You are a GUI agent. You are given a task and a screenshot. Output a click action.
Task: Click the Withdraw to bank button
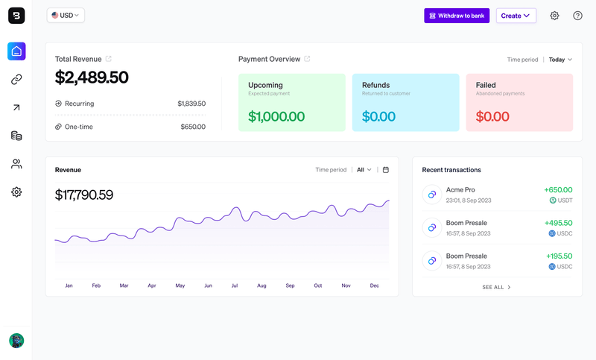click(x=457, y=16)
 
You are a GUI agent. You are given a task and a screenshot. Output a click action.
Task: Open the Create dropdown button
click(x=516, y=16)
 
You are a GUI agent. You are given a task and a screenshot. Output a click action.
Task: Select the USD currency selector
click(x=66, y=15)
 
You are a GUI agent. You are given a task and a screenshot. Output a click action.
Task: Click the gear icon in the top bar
click(x=554, y=16)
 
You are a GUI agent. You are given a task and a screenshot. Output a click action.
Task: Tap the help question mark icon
click(x=577, y=16)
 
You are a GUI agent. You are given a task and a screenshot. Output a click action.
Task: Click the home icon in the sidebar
click(x=16, y=51)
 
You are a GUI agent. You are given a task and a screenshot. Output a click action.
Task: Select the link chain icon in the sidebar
click(x=16, y=80)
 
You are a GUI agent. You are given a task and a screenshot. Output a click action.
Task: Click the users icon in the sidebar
click(x=16, y=164)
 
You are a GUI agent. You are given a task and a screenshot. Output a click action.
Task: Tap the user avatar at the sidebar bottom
click(x=16, y=341)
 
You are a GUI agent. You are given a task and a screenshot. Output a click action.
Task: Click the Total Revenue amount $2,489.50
click(x=92, y=78)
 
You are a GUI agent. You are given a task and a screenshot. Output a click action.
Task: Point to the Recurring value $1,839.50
click(x=191, y=104)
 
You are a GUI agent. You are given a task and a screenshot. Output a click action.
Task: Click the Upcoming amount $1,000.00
click(x=276, y=117)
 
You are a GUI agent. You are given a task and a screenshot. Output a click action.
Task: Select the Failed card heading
click(x=486, y=85)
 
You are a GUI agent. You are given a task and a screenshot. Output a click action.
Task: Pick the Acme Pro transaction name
click(x=460, y=190)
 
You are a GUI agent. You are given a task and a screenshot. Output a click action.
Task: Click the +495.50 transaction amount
click(x=558, y=223)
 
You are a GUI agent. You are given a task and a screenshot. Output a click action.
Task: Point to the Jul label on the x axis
click(x=235, y=285)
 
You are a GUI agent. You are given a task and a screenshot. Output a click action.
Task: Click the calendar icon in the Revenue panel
click(x=386, y=170)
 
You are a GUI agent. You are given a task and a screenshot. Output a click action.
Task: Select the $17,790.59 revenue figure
click(x=84, y=195)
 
